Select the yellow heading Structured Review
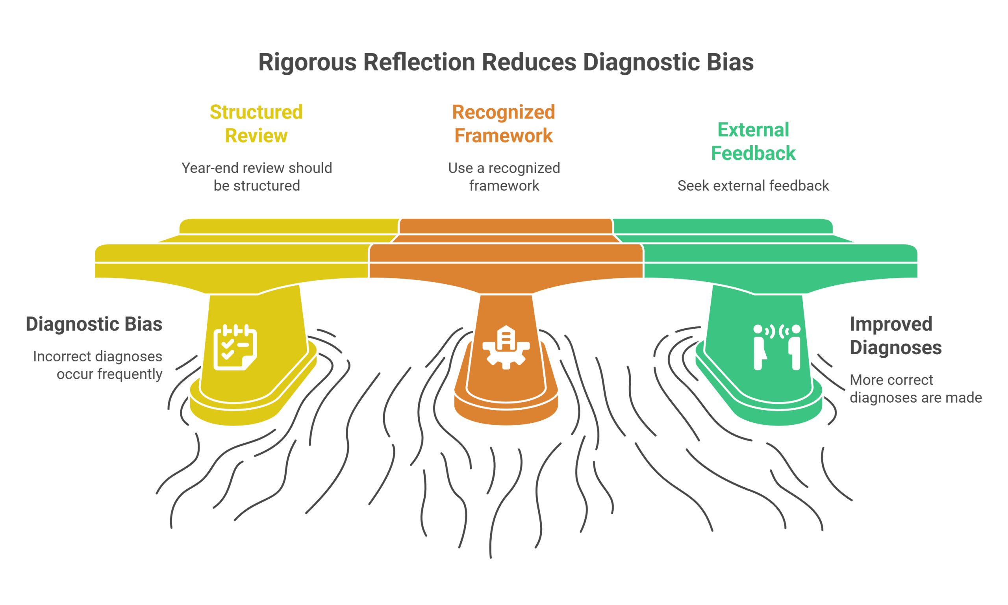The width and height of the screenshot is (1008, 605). point(256,124)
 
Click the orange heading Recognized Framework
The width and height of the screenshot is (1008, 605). point(504,124)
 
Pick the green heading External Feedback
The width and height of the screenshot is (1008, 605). point(753,141)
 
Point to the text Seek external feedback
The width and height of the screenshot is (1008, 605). point(753,185)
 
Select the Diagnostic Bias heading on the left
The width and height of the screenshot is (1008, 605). point(94,324)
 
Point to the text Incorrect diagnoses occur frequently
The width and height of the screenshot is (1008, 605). point(98,365)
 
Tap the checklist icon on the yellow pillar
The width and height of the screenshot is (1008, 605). point(235,347)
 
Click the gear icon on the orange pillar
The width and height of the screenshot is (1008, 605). point(506,347)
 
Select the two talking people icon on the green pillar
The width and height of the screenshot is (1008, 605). point(776,347)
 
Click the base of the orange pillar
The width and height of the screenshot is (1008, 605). point(506,412)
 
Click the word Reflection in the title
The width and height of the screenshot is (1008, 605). point(419,62)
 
